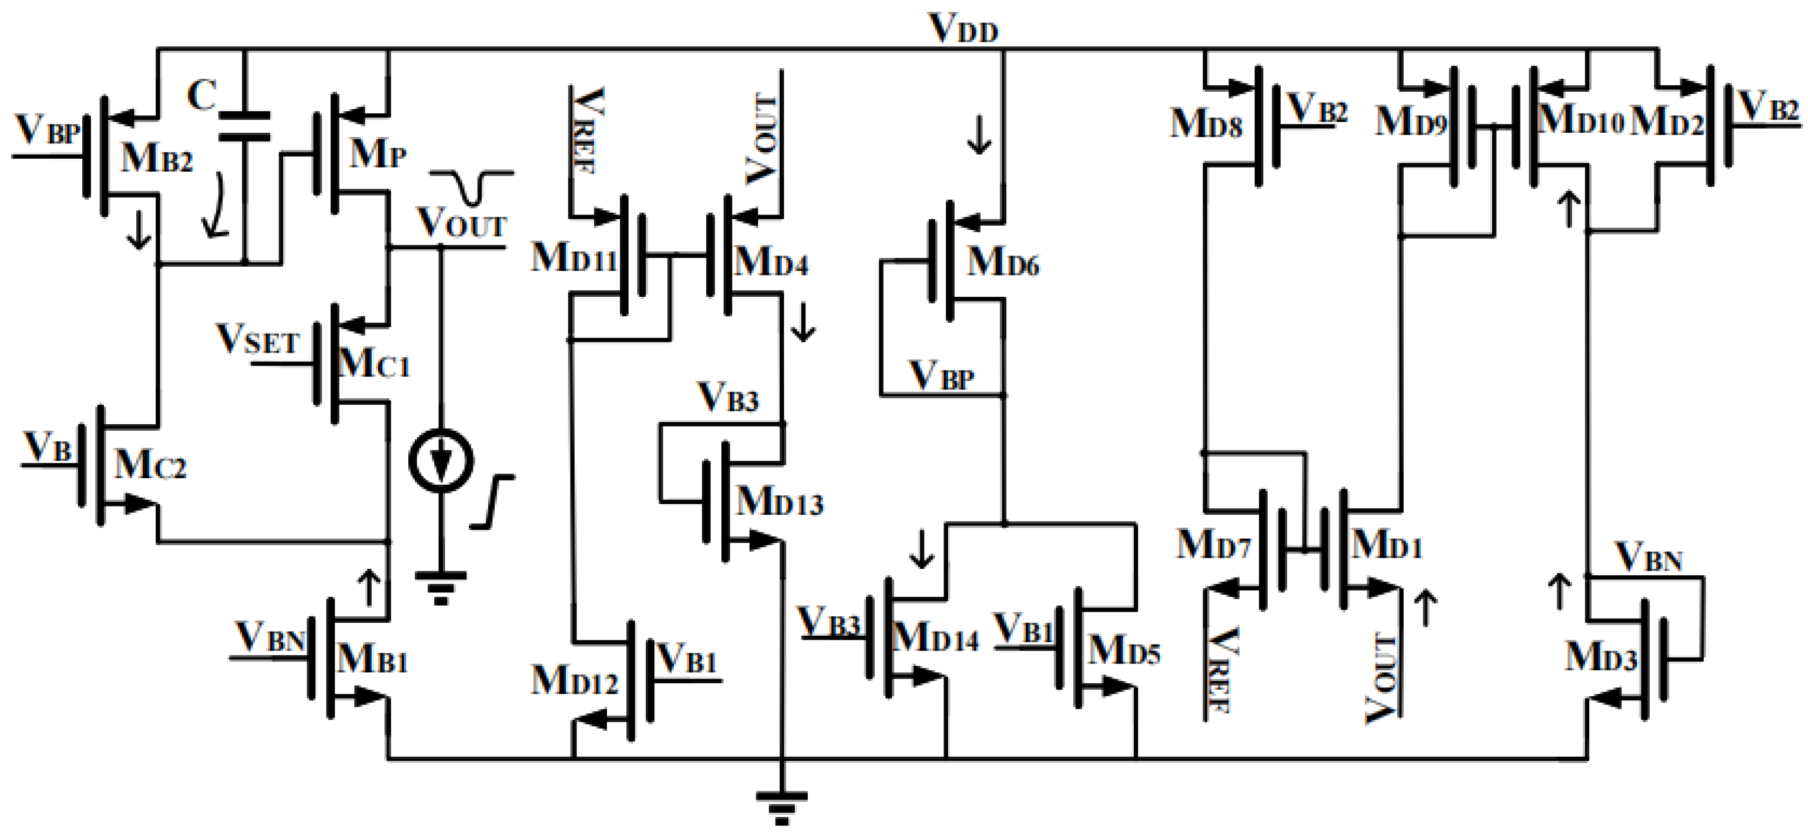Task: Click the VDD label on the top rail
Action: pos(963,30)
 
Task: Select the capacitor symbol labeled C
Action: pos(244,126)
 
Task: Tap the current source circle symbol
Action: pos(441,460)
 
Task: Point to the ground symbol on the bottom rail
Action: pos(781,807)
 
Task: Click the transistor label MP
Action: pos(377,152)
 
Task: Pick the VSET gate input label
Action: pos(258,341)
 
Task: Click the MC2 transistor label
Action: pos(150,465)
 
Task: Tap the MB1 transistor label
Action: pos(372,660)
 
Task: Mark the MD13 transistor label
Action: pos(779,502)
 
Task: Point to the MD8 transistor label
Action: pos(1206,124)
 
